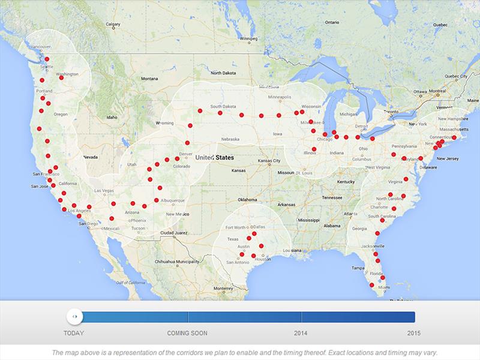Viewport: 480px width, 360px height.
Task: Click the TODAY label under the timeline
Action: coord(74,332)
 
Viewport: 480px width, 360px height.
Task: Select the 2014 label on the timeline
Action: coord(301,332)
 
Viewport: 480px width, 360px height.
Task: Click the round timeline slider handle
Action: coord(74,316)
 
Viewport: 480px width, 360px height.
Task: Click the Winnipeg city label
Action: coord(246,38)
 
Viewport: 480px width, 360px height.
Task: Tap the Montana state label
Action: coord(149,79)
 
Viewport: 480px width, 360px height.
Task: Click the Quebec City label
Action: coord(455,76)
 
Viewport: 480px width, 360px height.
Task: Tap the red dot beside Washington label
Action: coord(61,78)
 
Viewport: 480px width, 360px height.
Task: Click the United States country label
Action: coord(213,157)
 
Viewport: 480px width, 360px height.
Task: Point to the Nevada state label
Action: coord(91,157)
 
